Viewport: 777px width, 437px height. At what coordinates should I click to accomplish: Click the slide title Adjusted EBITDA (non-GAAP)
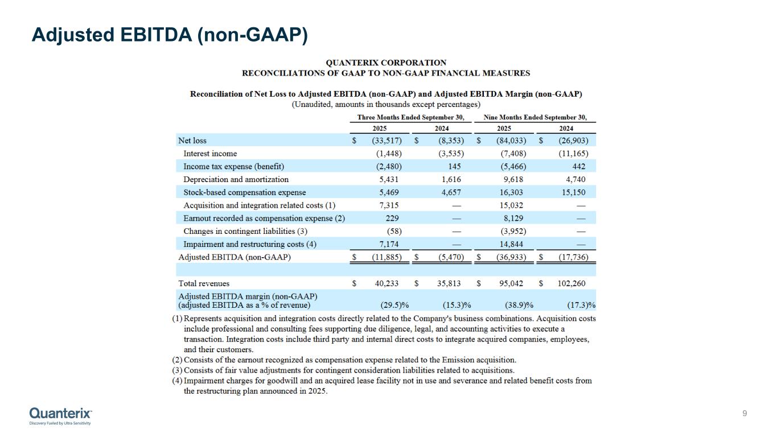point(170,35)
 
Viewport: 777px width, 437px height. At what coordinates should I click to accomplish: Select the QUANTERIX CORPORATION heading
point(385,63)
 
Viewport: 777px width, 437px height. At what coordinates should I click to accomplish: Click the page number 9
point(745,413)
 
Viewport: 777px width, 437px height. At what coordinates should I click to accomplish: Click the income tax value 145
point(454,167)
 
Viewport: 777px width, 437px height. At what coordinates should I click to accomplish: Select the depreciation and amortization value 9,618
point(513,179)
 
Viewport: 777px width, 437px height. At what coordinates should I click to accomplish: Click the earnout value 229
point(392,218)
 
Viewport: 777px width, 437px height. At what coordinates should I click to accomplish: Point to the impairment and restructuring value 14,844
point(511,244)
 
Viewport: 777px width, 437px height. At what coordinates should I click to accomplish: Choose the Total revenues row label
point(204,283)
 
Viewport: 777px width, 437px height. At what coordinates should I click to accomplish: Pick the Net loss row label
point(192,141)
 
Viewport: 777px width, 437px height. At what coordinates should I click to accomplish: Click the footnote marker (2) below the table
point(177,360)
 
